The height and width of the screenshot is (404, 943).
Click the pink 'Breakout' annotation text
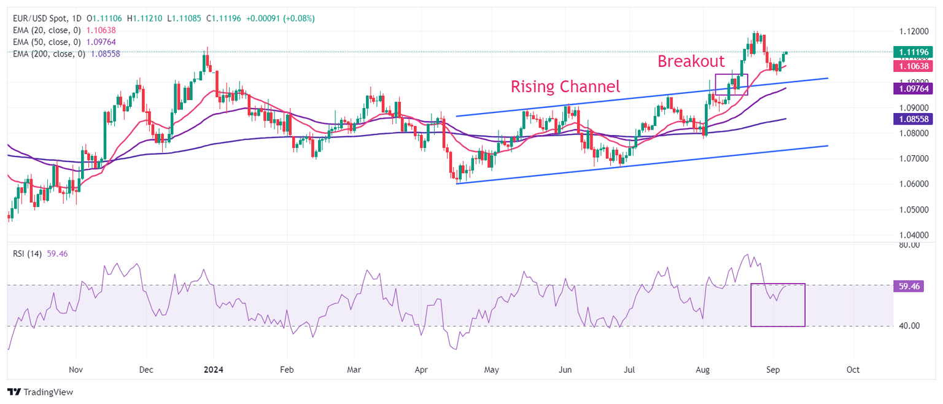point(691,61)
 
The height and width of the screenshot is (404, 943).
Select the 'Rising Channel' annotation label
point(565,87)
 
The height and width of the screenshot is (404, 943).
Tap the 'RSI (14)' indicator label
point(28,254)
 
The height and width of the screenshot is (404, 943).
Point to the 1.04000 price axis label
point(913,235)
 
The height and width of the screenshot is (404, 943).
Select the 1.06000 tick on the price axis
point(913,184)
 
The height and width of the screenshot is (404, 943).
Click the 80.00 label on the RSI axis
point(908,245)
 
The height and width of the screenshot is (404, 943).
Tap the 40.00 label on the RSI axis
point(908,326)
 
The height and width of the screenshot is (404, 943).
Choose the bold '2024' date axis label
point(213,370)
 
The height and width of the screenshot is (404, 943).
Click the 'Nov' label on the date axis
point(76,370)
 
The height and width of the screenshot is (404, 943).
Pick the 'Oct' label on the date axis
point(853,370)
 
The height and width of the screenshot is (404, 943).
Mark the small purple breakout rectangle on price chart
point(731,84)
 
